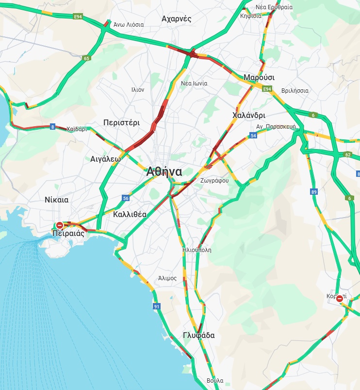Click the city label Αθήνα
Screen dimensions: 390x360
(x=164, y=171)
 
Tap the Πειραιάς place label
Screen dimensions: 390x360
(x=68, y=234)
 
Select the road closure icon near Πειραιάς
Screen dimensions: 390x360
(x=60, y=225)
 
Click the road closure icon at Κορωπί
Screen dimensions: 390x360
(x=340, y=298)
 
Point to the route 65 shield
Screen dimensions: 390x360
(x=86, y=58)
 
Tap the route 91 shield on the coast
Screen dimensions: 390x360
(x=156, y=306)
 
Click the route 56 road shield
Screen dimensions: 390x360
(x=126, y=198)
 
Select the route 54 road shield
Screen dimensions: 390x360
(x=253, y=136)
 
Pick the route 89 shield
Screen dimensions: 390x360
(x=314, y=192)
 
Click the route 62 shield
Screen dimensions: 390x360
(x=347, y=155)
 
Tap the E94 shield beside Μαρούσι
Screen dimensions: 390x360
(x=267, y=89)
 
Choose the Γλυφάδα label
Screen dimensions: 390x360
(x=199, y=336)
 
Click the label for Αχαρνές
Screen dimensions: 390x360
(x=176, y=19)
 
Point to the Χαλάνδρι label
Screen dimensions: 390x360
(x=249, y=116)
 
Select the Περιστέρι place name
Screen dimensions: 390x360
(x=121, y=123)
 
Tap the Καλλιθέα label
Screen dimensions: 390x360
(x=130, y=214)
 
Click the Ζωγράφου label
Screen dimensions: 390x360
(x=214, y=180)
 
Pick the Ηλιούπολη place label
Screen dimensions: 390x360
(x=196, y=250)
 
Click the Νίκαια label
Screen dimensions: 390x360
(x=56, y=200)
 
